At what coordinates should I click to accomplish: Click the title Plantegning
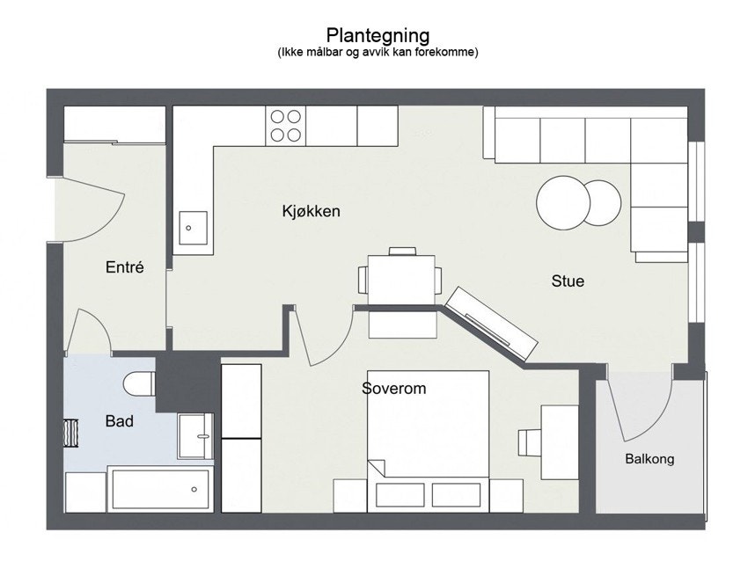click(378, 35)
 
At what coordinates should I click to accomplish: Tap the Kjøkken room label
click(311, 212)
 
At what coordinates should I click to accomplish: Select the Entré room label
click(124, 267)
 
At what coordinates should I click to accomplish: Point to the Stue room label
click(568, 281)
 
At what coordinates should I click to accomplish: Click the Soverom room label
click(393, 388)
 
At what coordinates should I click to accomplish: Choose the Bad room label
click(120, 421)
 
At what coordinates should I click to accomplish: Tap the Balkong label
click(649, 459)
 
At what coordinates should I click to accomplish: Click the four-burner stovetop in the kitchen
click(285, 125)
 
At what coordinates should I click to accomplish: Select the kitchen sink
click(194, 228)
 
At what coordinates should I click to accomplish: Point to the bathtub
click(159, 489)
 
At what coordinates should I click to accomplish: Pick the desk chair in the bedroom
click(530, 442)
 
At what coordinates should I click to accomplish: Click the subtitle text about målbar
click(378, 53)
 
